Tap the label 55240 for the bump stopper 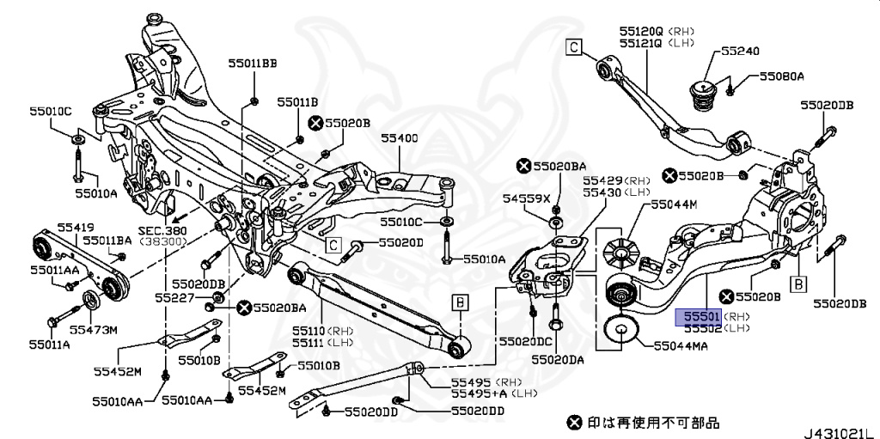pyautogui.click(x=740, y=52)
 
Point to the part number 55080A pyautogui.click(x=780, y=76)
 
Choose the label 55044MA pyautogui.click(x=684, y=345)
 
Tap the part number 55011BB pyautogui.click(x=253, y=63)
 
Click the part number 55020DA pyautogui.click(x=557, y=360)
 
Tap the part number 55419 pyautogui.click(x=76, y=227)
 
